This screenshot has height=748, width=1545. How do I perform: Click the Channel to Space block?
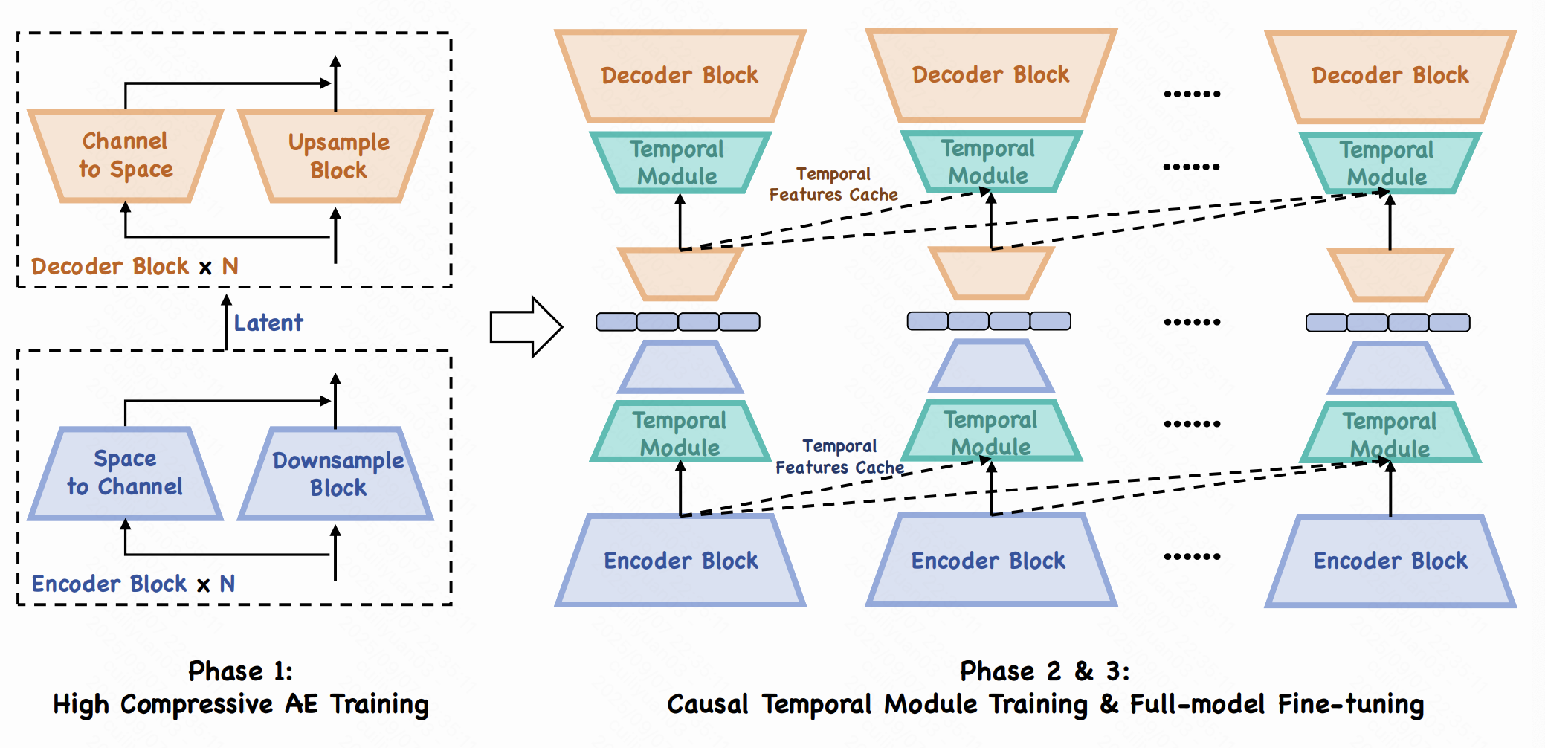click(x=126, y=155)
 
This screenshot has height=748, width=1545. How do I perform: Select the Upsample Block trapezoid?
click(x=336, y=156)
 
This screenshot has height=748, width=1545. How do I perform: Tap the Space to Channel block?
click(x=126, y=473)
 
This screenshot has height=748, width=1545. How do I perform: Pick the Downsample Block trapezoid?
click(x=336, y=474)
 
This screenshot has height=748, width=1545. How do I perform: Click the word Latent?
click(x=268, y=323)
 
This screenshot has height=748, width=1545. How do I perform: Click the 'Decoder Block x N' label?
click(x=135, y=266)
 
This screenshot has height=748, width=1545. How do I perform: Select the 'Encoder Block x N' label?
click(x=133, y=584)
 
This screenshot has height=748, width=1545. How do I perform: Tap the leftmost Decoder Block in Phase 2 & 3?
click(x=680, y=75)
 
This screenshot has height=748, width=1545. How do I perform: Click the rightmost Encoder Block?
click(x=1390, y=561)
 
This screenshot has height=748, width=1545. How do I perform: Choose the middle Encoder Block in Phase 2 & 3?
click(x=989, y=561)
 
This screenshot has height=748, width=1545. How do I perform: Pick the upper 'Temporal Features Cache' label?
click(x=833, y=184)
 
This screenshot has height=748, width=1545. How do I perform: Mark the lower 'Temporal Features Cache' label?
click(x=840, y=457)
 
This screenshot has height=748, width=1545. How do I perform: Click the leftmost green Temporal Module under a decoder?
click(x=678, y=162)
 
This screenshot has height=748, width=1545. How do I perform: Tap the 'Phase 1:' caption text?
click(x=240, y=671)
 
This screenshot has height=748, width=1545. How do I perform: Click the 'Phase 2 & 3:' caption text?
click(x=1045, y=671)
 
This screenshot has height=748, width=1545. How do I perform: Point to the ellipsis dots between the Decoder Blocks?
click(x=1192, y=94)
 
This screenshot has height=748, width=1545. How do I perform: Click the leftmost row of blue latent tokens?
click(x=678, y=322)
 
